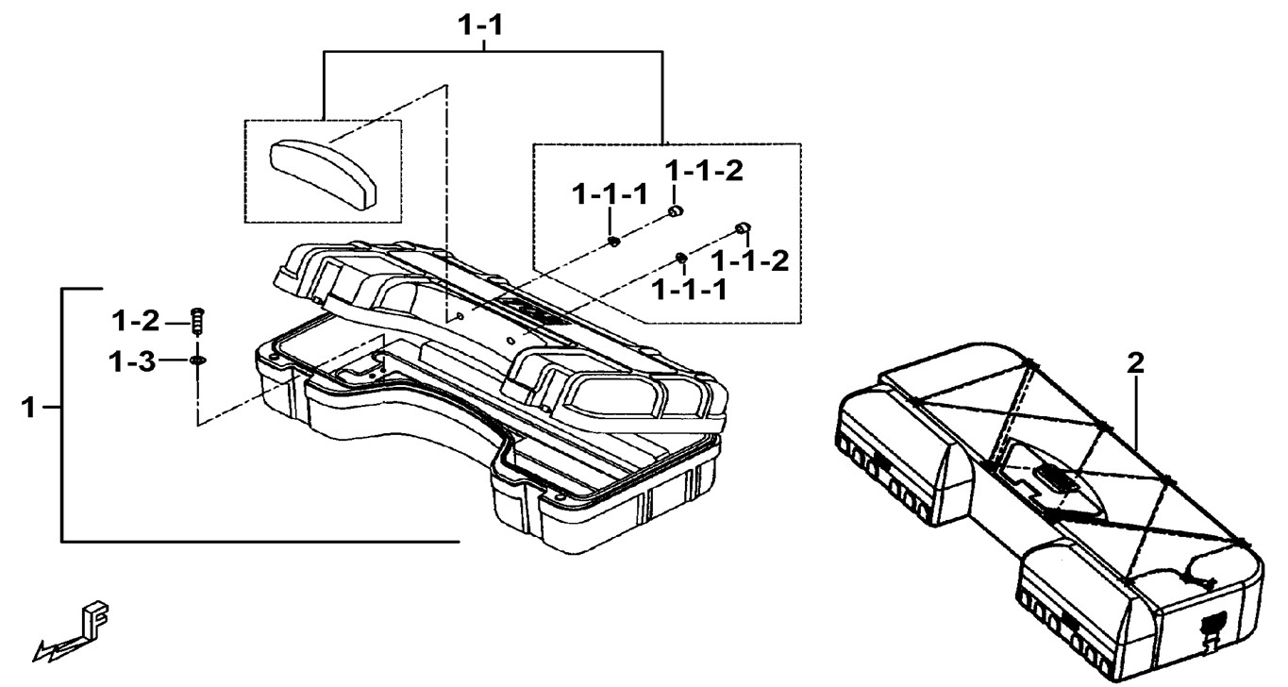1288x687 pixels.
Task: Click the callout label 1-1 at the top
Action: tap(480, 26)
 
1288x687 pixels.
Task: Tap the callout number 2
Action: tap(1136, 362)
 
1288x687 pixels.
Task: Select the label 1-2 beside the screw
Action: tap(136, 322)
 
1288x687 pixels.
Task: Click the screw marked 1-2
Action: tap(198, 321)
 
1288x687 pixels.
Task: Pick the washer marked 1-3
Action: tap(197, 360)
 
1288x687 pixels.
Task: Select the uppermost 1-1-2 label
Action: tap(704, 171)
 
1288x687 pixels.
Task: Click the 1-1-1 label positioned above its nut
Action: tap(610, 196)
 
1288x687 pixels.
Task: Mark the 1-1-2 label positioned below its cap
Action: tap(750, 260)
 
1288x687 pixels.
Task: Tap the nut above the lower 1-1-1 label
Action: tap(679, 257)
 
